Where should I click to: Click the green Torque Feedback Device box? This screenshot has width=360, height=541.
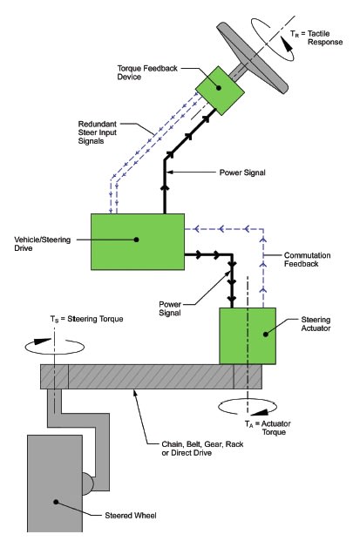[221, 91]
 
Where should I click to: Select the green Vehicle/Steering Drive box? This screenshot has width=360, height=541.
[138, 241]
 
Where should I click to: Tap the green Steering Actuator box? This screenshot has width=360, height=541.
[248, 335]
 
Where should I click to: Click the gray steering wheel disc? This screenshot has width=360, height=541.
[252, 57]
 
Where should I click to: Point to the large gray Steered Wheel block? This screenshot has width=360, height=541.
[55, 483]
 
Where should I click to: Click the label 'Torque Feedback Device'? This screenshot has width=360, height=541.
[147, 72]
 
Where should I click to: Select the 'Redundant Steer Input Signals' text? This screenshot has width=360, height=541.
[98, 132]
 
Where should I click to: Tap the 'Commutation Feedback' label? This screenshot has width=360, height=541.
[307, 260]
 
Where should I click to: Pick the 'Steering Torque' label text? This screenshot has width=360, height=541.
[95, 319]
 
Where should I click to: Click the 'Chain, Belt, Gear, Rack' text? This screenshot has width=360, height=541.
[202, 444]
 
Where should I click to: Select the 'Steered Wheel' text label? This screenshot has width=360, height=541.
[131, 516]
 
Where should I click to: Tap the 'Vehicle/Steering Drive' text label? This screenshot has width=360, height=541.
[42, 244]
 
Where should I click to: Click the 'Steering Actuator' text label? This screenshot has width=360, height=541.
[316, 324]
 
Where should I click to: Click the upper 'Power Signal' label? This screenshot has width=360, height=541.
[242, 172]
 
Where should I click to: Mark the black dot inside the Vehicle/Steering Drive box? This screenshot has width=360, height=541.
[136, 240]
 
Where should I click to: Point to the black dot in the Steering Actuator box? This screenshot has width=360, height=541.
[266, 334]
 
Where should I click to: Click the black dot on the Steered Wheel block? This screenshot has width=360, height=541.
[56, 502]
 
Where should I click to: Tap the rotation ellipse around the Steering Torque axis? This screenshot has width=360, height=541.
[55, 354]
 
